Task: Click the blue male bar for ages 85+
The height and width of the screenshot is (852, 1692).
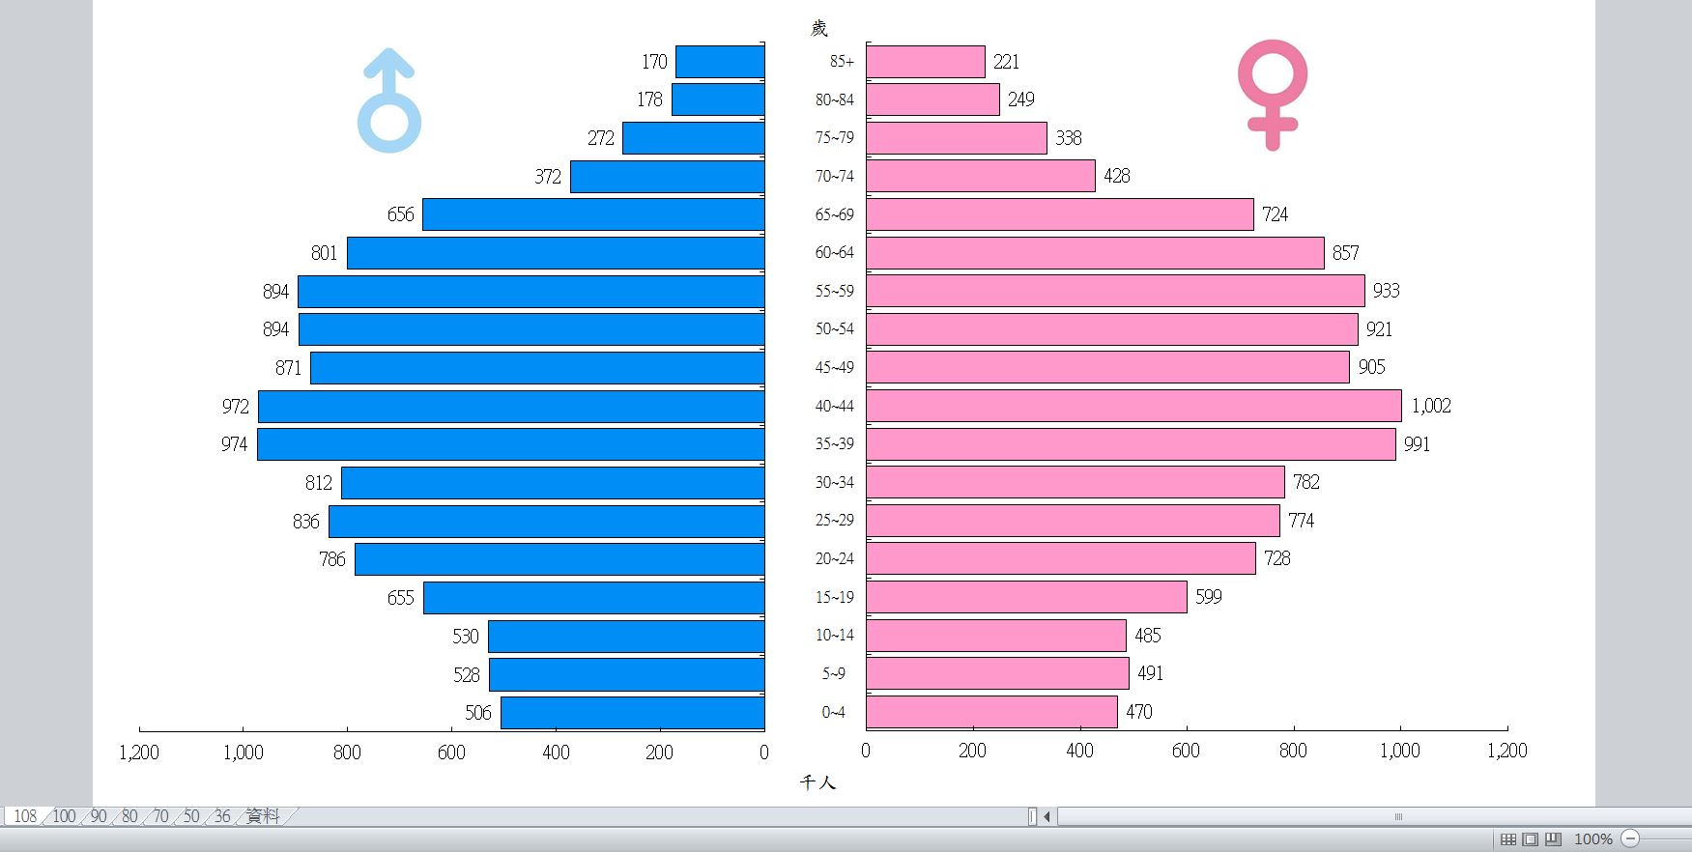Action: tap(720, 62)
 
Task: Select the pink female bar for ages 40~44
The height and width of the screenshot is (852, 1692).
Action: tap(1133, 406)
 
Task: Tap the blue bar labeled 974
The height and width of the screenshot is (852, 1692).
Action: tap(510, 444)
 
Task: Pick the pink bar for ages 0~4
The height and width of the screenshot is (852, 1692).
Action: tap(991, 712)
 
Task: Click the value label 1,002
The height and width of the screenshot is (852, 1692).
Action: tap(1431, 406)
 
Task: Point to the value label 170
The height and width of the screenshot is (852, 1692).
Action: tap(654, 62)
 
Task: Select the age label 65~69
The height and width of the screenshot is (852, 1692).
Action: tap(834, 214)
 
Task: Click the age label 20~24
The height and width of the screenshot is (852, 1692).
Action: tap(834, 558)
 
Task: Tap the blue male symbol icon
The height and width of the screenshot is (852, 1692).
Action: tap(389, 101)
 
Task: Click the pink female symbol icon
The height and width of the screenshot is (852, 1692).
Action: tap(1272, 94)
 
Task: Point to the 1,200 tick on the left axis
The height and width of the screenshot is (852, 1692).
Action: tap(139, 752)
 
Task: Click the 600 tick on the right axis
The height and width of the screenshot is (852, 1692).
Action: tap(1186, 751)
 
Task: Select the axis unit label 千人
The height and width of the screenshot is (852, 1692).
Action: tap(817, 782)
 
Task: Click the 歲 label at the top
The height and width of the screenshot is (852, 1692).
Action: tap(818, 28)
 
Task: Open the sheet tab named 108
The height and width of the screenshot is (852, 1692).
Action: tap(25, 816)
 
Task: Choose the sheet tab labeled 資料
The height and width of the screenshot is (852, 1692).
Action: tap(263, 816)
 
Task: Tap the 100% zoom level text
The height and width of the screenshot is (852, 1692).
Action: tap(1592, 838)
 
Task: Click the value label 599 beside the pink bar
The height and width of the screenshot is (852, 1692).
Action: tap(1209, 597)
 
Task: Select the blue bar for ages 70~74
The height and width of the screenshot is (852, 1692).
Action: tap(667, 177)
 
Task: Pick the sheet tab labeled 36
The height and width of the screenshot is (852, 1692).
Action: tap(222, 816)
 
